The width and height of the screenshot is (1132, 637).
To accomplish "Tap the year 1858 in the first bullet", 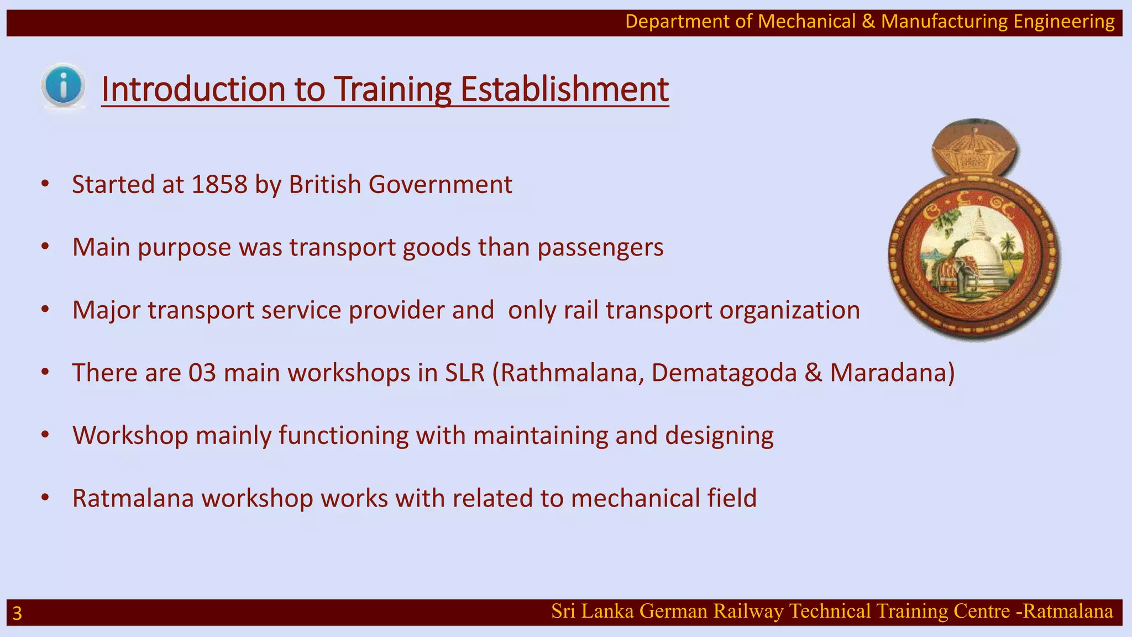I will pos(219,184).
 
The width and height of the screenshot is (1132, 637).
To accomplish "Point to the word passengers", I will pos(600,247).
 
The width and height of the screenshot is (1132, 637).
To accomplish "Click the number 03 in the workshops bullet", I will pos(202,373).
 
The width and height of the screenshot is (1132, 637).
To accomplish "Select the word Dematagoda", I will pos(724,373).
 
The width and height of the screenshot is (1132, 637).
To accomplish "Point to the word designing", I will pos(719,436).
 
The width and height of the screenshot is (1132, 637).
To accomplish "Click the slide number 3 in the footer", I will pos(17,613).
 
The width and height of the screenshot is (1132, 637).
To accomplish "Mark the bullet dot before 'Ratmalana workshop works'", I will pos(45,498).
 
